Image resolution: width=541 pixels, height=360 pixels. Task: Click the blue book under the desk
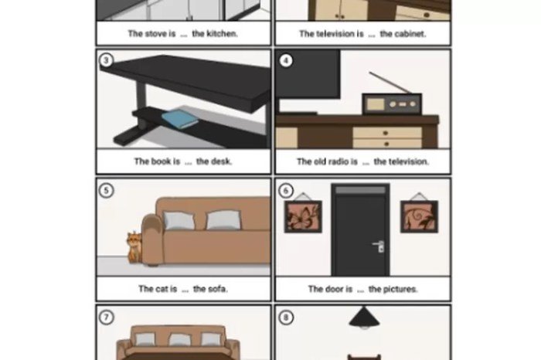[x=180, y=119]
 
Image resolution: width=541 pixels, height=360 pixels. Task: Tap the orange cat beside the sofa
[x=134, y=247]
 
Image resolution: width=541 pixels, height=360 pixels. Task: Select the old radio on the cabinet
[x=392, y=104]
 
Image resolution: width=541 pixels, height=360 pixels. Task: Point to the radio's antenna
[x=390, y=83]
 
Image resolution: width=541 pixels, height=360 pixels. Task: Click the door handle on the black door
[x=379, y=246]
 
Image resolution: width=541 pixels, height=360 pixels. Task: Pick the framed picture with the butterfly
[x=303, y=216]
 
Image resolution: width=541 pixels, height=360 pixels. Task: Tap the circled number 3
[x=107, y=60]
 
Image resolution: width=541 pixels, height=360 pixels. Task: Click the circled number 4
[x=286, y=61]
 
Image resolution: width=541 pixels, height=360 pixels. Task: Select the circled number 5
[x=107, y=190]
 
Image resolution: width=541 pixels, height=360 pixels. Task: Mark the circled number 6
[x=286, y=190]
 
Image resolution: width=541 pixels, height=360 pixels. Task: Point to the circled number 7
[x=107, y=318]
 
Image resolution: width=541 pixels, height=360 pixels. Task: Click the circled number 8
[x=286, y=318]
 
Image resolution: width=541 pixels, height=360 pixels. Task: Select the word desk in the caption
[x=223, y=161]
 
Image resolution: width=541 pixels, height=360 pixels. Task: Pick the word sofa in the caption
[x=219, y=289]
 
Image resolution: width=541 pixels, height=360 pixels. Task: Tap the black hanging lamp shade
[x=364, y=318]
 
